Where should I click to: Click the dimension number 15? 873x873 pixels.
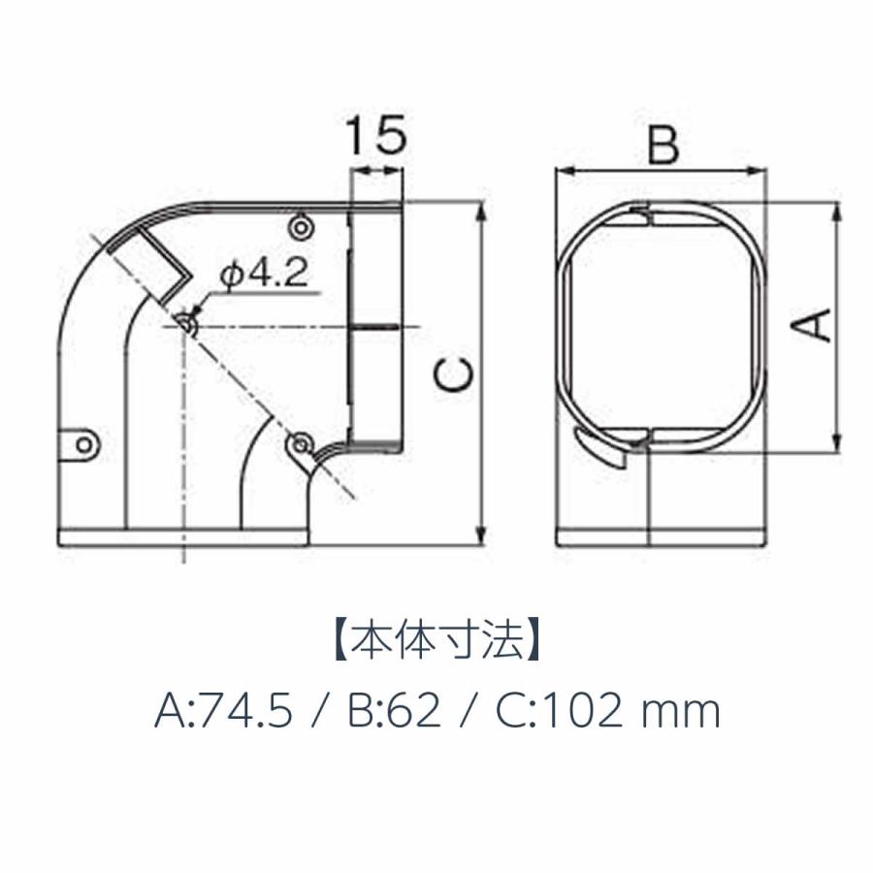click(377, 136)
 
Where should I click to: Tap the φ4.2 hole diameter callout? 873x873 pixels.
click(264, 274)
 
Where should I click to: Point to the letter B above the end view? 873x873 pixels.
click(663, 145)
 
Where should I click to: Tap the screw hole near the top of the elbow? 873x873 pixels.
click(302, 227)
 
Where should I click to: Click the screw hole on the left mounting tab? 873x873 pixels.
click(84, 445)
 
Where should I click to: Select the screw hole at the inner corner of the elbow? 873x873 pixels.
click(301, 443)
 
